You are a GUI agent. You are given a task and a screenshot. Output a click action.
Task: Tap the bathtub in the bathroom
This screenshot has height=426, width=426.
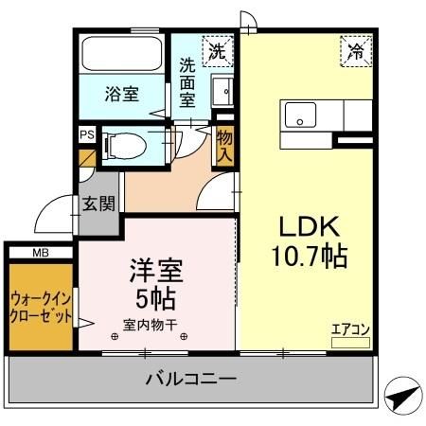coord(123,52)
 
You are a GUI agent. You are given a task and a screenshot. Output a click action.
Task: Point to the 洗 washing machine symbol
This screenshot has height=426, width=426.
coord(218,50)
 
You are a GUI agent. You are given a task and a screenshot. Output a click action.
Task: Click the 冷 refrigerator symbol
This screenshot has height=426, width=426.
coord(356,51)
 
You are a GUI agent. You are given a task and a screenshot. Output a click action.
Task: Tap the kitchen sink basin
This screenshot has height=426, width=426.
coord(302,117)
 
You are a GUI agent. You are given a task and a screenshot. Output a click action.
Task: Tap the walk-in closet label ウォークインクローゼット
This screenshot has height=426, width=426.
coord(41,305)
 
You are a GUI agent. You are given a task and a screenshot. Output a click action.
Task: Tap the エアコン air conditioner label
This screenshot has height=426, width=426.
coord(349,329)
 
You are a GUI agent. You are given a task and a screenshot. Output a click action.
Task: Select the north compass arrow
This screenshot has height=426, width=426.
coord(401,397)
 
